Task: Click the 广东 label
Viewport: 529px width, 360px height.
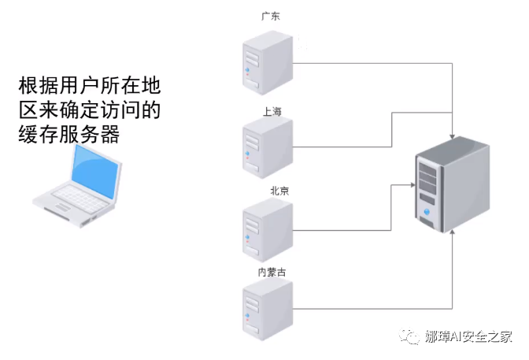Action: click(270, 15)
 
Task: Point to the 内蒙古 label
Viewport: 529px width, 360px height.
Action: click(271, 272)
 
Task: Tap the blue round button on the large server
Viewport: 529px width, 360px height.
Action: click(428, 212)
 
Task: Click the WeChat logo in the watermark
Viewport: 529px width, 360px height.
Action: click(412, 337)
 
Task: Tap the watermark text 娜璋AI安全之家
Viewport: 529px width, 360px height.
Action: click(468, 337)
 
